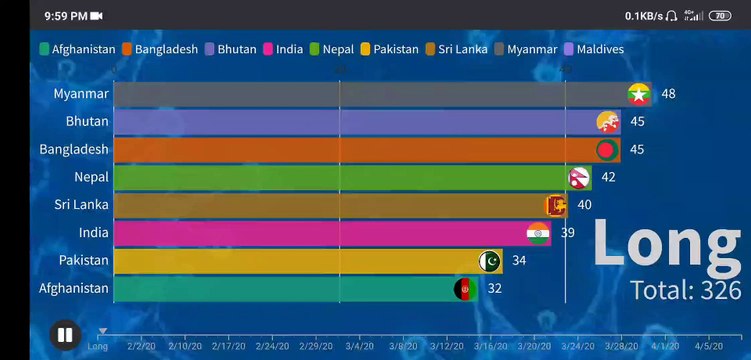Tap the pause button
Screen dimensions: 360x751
[x=65, y=334]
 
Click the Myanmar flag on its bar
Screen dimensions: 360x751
[x=638, y=94]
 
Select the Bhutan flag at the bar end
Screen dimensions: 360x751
[x=607, y=122]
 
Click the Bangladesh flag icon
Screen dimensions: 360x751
[x=607, y=150]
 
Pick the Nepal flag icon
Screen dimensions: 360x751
[x=579, y=178]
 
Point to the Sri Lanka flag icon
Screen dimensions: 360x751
[x=555, y=205]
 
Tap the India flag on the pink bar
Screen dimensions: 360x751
[x=538, y=233]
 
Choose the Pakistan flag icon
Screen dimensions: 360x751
[x=490, y=261]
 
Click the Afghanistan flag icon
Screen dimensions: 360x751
[x=464, y=289]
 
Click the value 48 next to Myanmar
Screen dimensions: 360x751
[x=668, y=94]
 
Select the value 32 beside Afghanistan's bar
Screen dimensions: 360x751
[x=494, y=289]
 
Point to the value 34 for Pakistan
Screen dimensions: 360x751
[x=518, y=261]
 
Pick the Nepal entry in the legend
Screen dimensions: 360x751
[x=332, y=49]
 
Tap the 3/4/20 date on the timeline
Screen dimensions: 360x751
[x=359, y=347]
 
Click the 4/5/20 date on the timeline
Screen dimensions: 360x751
[x=708, y=347]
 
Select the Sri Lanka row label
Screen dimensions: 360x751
[x=82, y=205]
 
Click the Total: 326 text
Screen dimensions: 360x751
[x=684, y=290]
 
